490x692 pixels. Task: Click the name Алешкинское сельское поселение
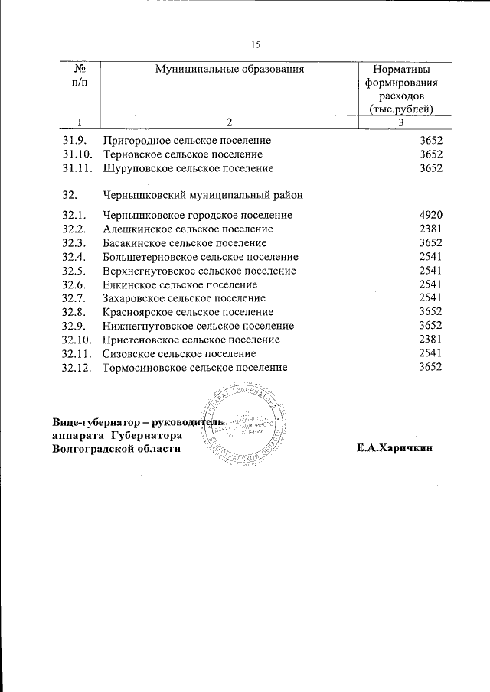point(188,229)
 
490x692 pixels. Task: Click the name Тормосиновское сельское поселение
point(194,368)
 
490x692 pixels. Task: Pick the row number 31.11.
point(77,168)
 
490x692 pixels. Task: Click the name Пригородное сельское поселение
point(187,141)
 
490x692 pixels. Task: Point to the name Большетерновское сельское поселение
point(200,257)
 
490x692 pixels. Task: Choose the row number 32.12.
point(77,368)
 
